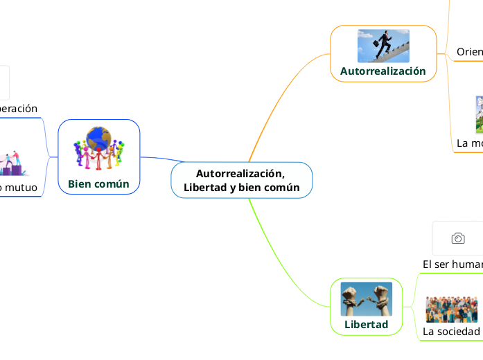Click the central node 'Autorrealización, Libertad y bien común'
click(242, 180)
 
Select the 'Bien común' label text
click(98, 183)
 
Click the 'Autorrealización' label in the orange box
click(383, 71)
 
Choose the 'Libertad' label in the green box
click(366, 324)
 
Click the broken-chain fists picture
click(366, 299)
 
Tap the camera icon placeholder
click(458, 238)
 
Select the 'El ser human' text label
click(453, 264)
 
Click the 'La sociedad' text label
click(451, 332)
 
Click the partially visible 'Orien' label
click(469, 52)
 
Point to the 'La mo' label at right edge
click(469, 143)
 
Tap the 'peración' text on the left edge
click(18, 109)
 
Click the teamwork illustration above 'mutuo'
click(14, 164)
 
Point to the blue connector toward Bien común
click(156, 160)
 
